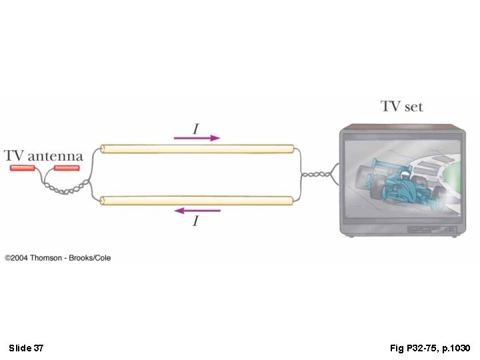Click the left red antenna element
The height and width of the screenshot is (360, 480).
23,168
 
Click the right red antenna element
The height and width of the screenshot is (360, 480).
67,168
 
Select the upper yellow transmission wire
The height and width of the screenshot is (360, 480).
197,149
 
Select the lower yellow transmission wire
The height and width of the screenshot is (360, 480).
197,201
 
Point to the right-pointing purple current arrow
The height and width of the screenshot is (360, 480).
197,138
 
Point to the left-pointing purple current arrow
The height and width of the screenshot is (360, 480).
197,211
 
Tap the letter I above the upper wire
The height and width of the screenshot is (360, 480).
196,129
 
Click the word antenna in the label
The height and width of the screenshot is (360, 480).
55,157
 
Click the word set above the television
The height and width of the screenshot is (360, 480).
413,107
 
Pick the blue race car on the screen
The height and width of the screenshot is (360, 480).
398,184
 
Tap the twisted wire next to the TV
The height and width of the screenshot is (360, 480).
316,175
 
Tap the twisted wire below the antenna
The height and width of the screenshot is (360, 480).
65,189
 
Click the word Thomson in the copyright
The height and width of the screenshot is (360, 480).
46,258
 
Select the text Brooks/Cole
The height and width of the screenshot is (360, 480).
90,258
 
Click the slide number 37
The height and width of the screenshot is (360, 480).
39,348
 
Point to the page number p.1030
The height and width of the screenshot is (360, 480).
457,349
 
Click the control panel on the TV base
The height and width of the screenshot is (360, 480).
431,229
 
